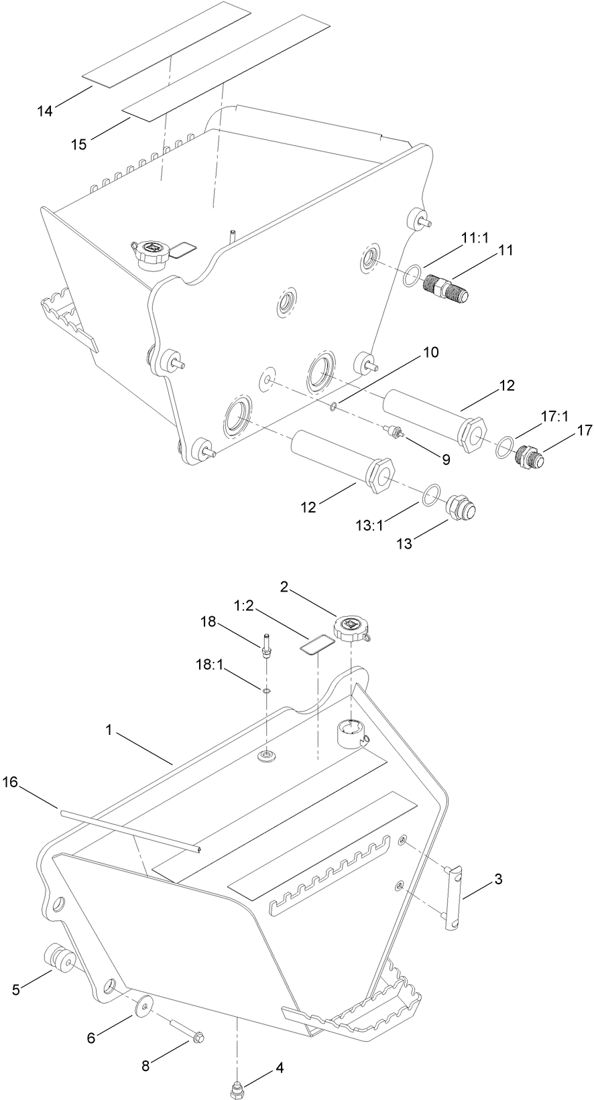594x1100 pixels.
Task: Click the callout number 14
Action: point(44,111)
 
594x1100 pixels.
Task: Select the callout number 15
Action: point(79,144)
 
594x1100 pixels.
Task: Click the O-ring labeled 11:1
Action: point(412,275)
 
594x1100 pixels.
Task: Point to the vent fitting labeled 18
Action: point(268,646)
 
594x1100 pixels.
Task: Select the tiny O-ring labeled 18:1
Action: point(267,689)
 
